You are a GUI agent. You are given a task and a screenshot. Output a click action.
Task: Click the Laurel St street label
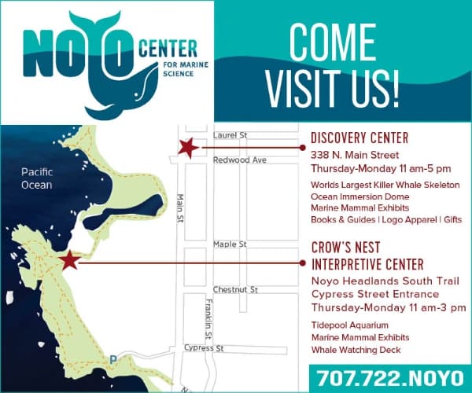coord(230,136)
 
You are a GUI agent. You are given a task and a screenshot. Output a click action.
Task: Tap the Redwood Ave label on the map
coord(240,160)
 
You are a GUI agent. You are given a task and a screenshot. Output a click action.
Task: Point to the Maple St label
coord(230,244)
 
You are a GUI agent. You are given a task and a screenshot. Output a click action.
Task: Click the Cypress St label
coord(204,347)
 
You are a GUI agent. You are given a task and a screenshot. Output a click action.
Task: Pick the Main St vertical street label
coord(180,208)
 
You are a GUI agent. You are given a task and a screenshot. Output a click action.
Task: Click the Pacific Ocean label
coord(36,178)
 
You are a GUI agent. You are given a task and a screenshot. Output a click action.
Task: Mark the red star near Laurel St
coord(188,147)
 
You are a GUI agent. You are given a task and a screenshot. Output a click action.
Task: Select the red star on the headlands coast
coord(69,260)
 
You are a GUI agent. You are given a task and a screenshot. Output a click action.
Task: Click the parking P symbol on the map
coord(113,360)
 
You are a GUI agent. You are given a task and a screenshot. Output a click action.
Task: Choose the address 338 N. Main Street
coord(355,155)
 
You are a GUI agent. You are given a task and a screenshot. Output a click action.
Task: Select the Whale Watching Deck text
coord(356,350)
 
